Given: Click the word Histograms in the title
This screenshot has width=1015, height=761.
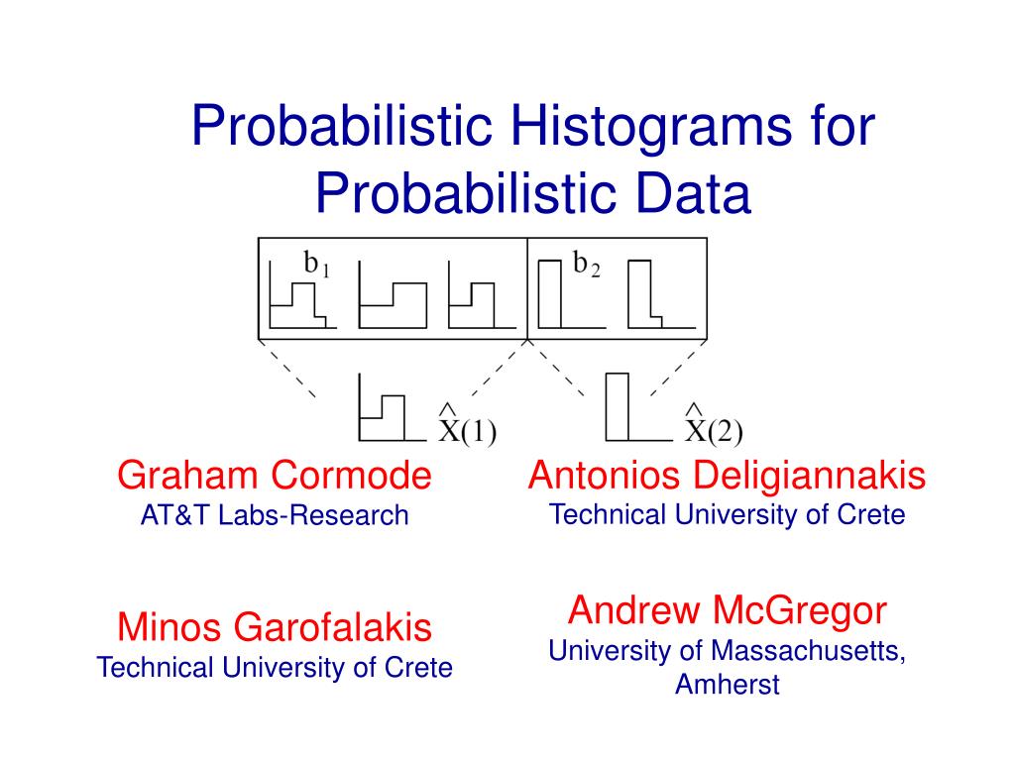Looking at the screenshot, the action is (650, 126).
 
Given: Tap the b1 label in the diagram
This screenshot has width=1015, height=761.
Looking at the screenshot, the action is (317, 264).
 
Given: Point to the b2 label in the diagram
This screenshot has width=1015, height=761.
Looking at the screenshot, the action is (587, 264).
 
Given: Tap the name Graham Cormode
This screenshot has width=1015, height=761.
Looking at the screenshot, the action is (275, 476).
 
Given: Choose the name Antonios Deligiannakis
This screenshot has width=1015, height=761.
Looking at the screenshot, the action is (727, 477).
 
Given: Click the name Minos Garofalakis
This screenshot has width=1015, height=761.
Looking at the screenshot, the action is (275, 627).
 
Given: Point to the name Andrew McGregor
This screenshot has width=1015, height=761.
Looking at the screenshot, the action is (727, 610).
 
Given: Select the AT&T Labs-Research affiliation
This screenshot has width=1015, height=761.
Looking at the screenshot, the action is (275, 515).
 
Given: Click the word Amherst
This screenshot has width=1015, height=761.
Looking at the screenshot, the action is (727, 684).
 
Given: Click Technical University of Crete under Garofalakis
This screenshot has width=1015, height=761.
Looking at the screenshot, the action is (275, 668).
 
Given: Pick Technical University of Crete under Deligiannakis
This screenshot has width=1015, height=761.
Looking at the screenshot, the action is (727, 515).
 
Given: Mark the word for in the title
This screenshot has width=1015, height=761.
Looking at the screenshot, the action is (842, 126).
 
